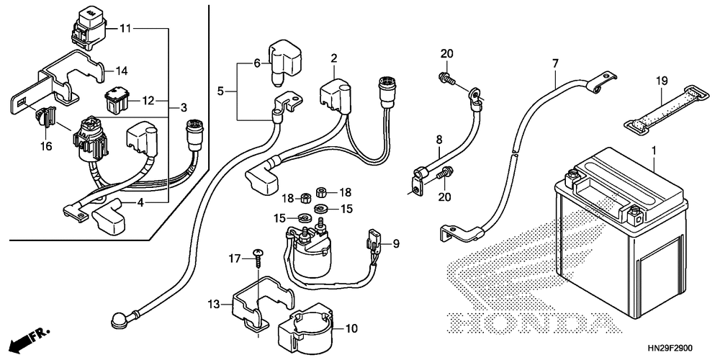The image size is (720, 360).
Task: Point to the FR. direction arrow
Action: pyautogui.click(x=29, y=341)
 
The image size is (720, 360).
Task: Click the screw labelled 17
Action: pyautogui.click(x=258, y=260)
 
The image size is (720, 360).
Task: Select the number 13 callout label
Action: pyautogui.click(x=214, y=305)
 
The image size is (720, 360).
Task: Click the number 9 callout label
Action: pyautogui.click(x=395, y=243)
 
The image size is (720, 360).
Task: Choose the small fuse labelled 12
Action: pyautogui.click(x=117, y=100)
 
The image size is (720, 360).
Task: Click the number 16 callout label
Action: pyautogui.click(x=46, y=146)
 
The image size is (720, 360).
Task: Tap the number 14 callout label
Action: pyautogui.click(x=121, y=71)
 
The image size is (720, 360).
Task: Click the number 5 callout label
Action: pyautogui.click(x=220, y=91)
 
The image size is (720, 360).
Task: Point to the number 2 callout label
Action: pyautogui.click(x=334, y=58)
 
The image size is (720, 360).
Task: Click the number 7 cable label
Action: pyautogui.click(x=555, y=64)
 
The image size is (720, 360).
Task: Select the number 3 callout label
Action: pyautogui.click(x=184, y=108)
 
